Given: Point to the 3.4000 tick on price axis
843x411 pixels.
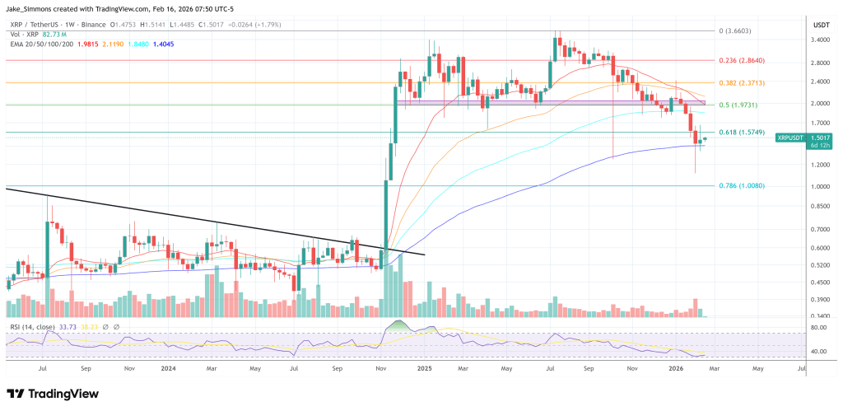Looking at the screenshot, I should (820, 40).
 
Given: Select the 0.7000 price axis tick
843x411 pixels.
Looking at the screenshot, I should (820, 229).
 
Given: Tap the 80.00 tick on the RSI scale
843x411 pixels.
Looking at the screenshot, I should (819, 328).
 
